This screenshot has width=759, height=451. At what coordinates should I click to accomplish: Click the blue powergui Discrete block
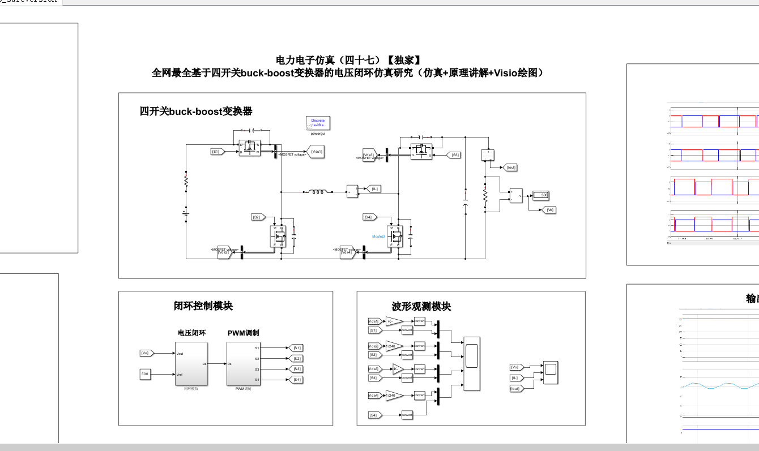coord(318,123)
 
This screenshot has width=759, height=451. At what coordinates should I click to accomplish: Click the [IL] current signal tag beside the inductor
coord(374,189)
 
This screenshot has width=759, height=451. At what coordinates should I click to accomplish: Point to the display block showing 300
coord(541,195)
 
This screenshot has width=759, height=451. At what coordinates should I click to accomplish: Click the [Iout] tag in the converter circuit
coord(510,167)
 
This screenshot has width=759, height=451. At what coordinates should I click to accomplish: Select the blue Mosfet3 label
coord(378,236)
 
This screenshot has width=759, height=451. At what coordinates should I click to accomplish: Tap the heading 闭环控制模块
coord(203,306)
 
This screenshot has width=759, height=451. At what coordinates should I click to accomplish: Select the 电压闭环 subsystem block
coord(191,363)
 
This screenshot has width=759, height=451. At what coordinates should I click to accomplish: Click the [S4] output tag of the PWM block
coord(296,379)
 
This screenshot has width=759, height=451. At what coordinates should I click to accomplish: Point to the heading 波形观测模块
coord(421,307)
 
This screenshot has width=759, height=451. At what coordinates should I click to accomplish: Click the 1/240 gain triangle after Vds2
coord(394,346)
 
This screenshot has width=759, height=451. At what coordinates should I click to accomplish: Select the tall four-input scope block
coord(471,363)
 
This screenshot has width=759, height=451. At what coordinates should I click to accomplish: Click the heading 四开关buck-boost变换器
coord(196,111)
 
